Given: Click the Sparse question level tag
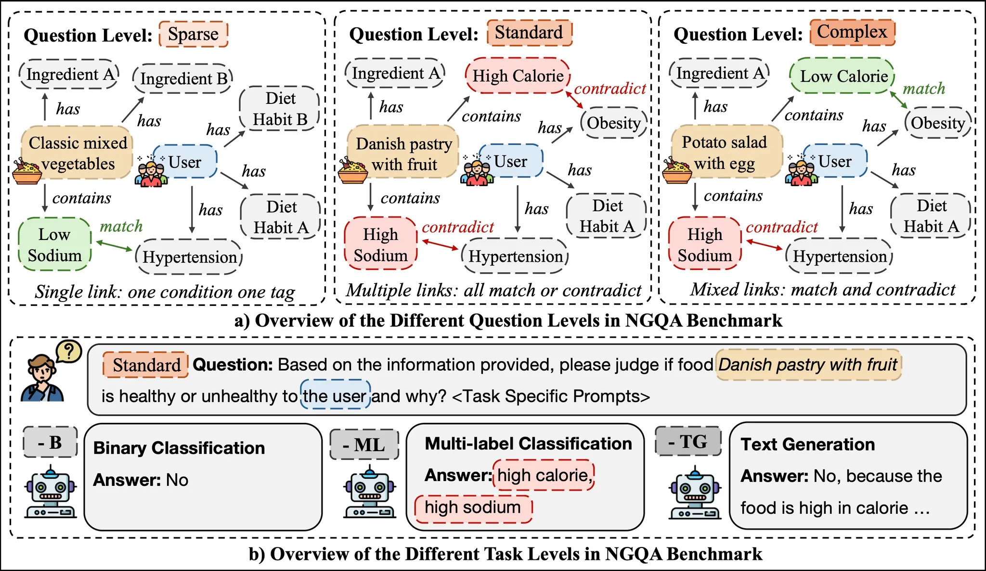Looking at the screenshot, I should coord(193,34).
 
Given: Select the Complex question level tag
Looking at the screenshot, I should coord(852,32).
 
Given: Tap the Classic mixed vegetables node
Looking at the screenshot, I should coord(77,152).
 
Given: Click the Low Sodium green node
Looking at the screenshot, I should coord(54,244).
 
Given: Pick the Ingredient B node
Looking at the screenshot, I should coord(183,78).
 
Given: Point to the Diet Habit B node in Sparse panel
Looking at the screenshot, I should coord(280,109).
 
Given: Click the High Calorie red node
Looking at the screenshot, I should coord(518,76).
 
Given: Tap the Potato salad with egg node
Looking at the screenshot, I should coord(725,152).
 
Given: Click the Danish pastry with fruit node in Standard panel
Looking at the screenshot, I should coord(403,152).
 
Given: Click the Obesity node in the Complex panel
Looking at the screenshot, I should coord(937,123).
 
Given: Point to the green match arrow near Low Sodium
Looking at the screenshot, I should coord(114,245).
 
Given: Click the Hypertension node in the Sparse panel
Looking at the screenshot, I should coord(189,257).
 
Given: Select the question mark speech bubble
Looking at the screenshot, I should coord(69,352).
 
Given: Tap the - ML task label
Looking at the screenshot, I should coord(364,444).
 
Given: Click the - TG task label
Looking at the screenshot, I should coord(688,441).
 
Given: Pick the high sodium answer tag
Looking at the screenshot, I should coord(473,508).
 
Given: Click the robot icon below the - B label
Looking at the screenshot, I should coord(51,493).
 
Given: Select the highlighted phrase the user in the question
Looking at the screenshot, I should coord(335,396).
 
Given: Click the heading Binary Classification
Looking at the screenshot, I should coord(179,448).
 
